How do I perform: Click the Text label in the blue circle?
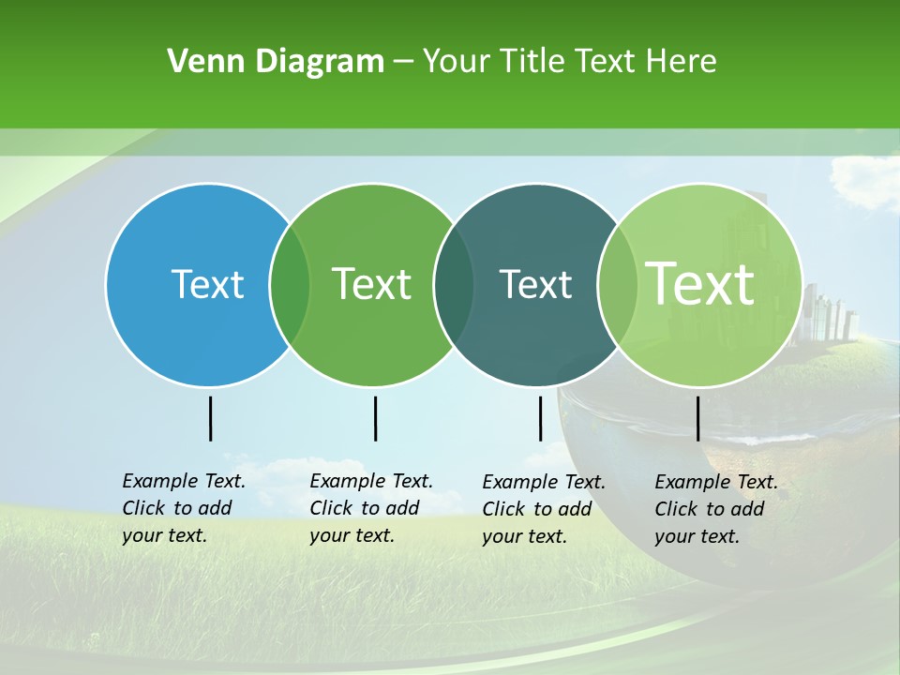207,284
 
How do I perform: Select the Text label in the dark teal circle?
535,284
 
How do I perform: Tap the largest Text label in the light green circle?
700,283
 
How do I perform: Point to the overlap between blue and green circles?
290,285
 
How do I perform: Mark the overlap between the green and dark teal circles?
454,285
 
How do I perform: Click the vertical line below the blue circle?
210,418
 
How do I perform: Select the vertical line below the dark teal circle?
540,418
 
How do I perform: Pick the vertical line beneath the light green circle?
697,418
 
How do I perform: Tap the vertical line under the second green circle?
375,418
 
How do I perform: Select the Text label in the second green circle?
371,284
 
